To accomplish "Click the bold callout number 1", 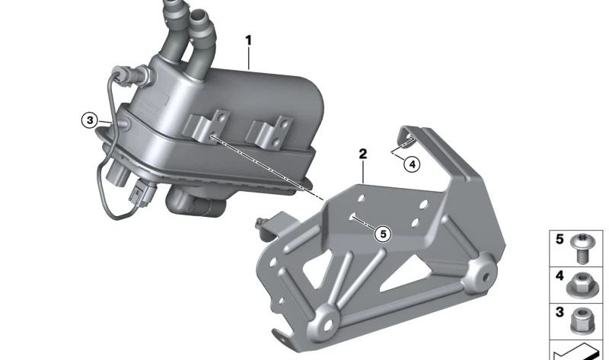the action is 249,41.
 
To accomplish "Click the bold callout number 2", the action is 363,155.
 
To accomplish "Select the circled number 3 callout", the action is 90,120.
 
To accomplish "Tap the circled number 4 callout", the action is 412,164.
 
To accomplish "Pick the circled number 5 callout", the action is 383,234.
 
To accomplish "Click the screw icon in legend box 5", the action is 582,249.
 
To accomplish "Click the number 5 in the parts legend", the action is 560,239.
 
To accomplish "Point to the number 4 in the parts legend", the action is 560,276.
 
